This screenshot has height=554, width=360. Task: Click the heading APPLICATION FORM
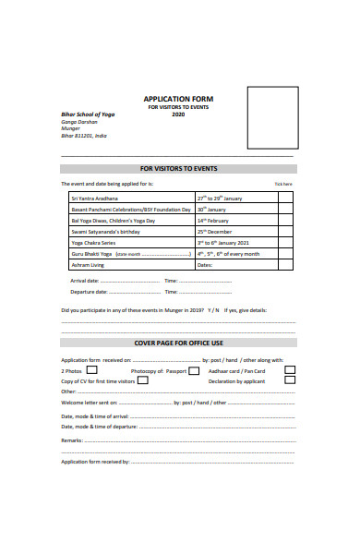point(179,99)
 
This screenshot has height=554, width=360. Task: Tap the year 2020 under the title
point(179,114)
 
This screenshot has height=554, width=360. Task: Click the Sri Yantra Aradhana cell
point(95,198)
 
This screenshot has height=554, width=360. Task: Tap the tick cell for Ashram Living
point(287,265)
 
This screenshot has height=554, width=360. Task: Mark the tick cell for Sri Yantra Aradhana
point(287,198)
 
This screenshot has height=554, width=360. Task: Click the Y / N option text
point(213,310)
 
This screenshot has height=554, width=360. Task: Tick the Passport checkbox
point(194,370)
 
